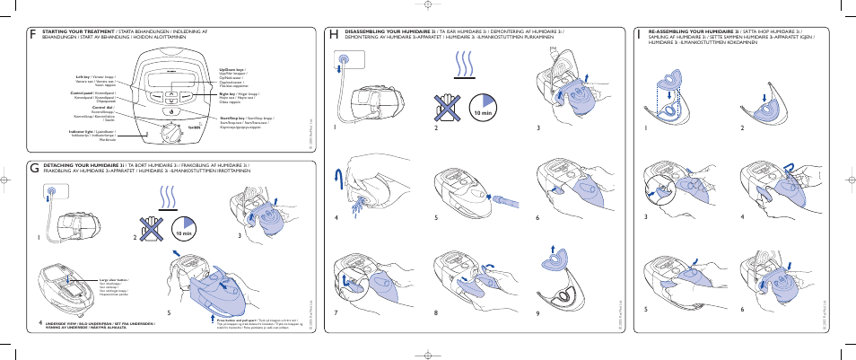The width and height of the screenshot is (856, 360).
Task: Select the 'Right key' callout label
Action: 231,92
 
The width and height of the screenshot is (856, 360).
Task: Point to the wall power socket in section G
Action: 50,191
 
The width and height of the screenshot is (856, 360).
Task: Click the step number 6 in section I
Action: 742,309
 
